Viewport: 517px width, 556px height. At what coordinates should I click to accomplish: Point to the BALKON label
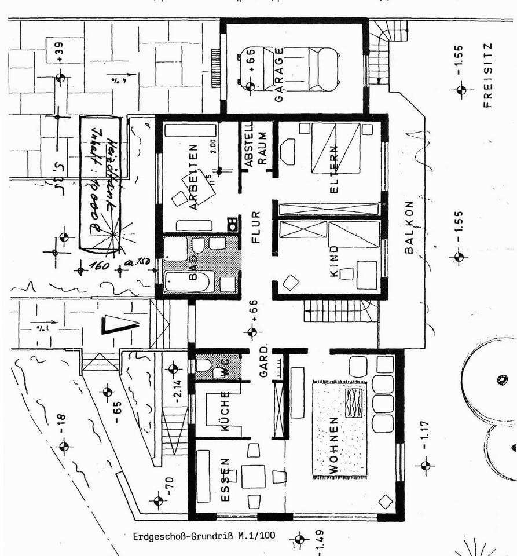click(409, 227)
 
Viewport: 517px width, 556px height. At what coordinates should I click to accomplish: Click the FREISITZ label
click(487, 75)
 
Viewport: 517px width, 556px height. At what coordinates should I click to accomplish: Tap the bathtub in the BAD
click(189, 282)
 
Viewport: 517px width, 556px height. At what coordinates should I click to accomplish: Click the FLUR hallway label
click(256, 228)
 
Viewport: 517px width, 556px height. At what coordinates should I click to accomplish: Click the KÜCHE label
click(225, 413)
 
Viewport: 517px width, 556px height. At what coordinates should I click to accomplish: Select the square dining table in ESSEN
click(253, 477)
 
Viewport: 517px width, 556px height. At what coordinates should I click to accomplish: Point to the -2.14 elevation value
click(178, 390)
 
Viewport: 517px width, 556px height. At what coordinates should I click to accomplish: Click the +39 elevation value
click(60, 52)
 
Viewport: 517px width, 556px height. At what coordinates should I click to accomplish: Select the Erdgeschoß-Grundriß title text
click(204, 536)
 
